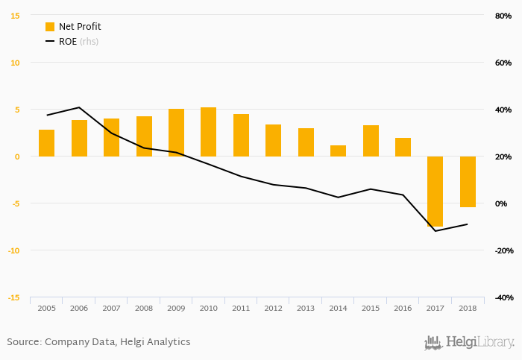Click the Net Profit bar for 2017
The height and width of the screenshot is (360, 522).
pyautogui.click(x=435, y=191)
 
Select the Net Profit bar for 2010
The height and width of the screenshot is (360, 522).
pyautogui.click(x=208, y=132)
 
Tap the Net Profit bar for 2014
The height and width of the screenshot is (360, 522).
pyautogui.click(x=338, y=151)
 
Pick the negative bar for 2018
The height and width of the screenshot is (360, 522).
pyautogui.click(x=468, y=181)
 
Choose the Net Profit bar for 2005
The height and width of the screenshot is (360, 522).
pyautogui.click(x=46, y=143)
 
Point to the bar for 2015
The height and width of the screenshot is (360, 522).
pyautogui.click(x=371, y=141)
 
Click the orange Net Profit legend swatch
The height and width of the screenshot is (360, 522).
pyautogui.click(x=50, y=27)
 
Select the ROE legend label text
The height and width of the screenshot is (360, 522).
pyautogui.click(x=68, y=42)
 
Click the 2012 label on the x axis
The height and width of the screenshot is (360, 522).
pyautogui.click(x=273, y=308)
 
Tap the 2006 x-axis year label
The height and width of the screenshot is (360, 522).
pyautogui.click(x=78, y=308)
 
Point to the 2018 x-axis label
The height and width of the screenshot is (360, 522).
pyautogui.click(x=468, y=308)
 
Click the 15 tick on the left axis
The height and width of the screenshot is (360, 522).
pyautogui.click(x=15, y=16)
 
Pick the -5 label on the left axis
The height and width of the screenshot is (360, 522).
pyautogui.click(x=14, y=203)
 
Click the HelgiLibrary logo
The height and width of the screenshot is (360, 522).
pyautogui.click(x=469, y=343)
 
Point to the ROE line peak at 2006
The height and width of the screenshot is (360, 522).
pyautogui.click(x=79, y=107)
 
